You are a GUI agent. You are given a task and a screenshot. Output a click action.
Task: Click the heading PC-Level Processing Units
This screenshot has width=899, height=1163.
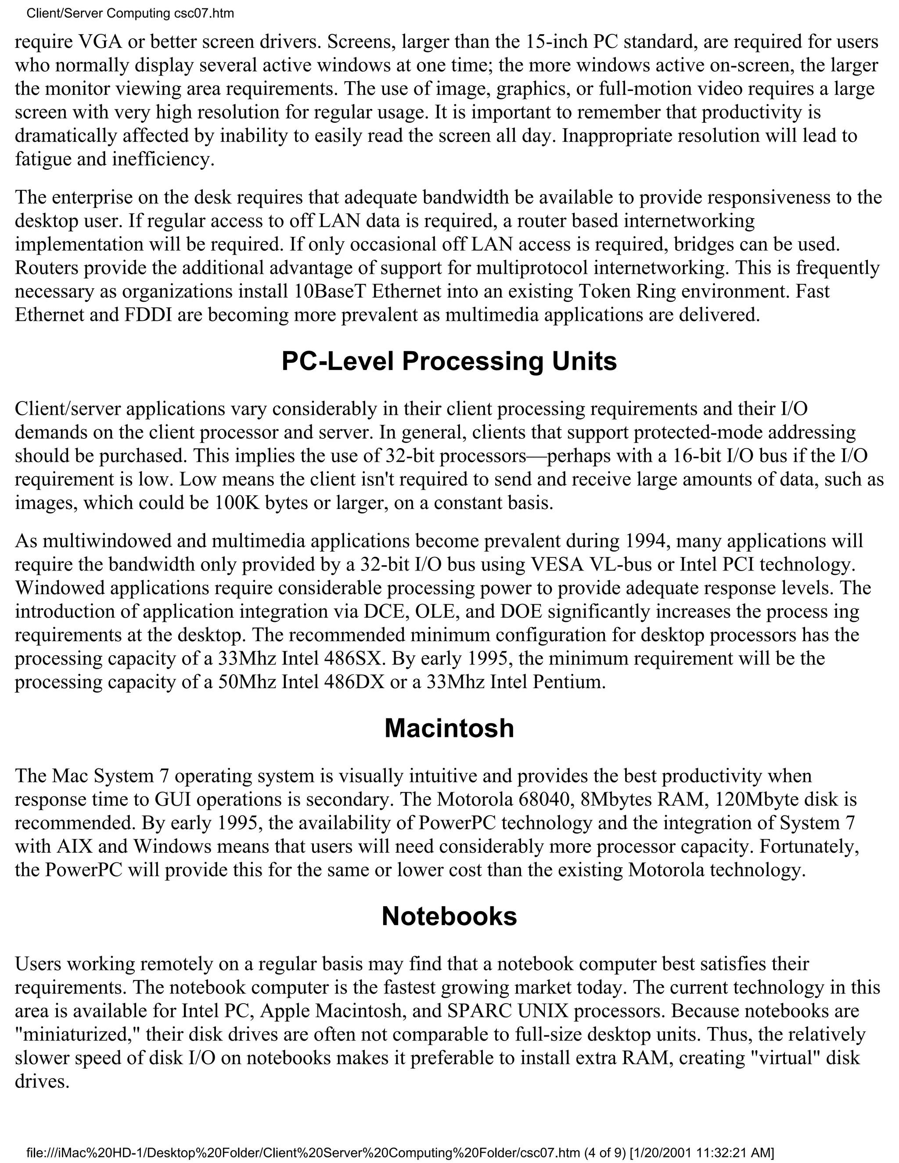(x=449, y=362)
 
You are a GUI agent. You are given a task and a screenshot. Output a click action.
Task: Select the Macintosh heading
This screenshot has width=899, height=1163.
(x=449, y=729)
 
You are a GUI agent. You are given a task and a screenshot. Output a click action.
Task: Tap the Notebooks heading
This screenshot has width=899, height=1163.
(x=449, y=916)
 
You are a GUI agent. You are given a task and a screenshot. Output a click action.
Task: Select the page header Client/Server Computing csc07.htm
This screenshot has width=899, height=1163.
(x=130, y=13)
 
